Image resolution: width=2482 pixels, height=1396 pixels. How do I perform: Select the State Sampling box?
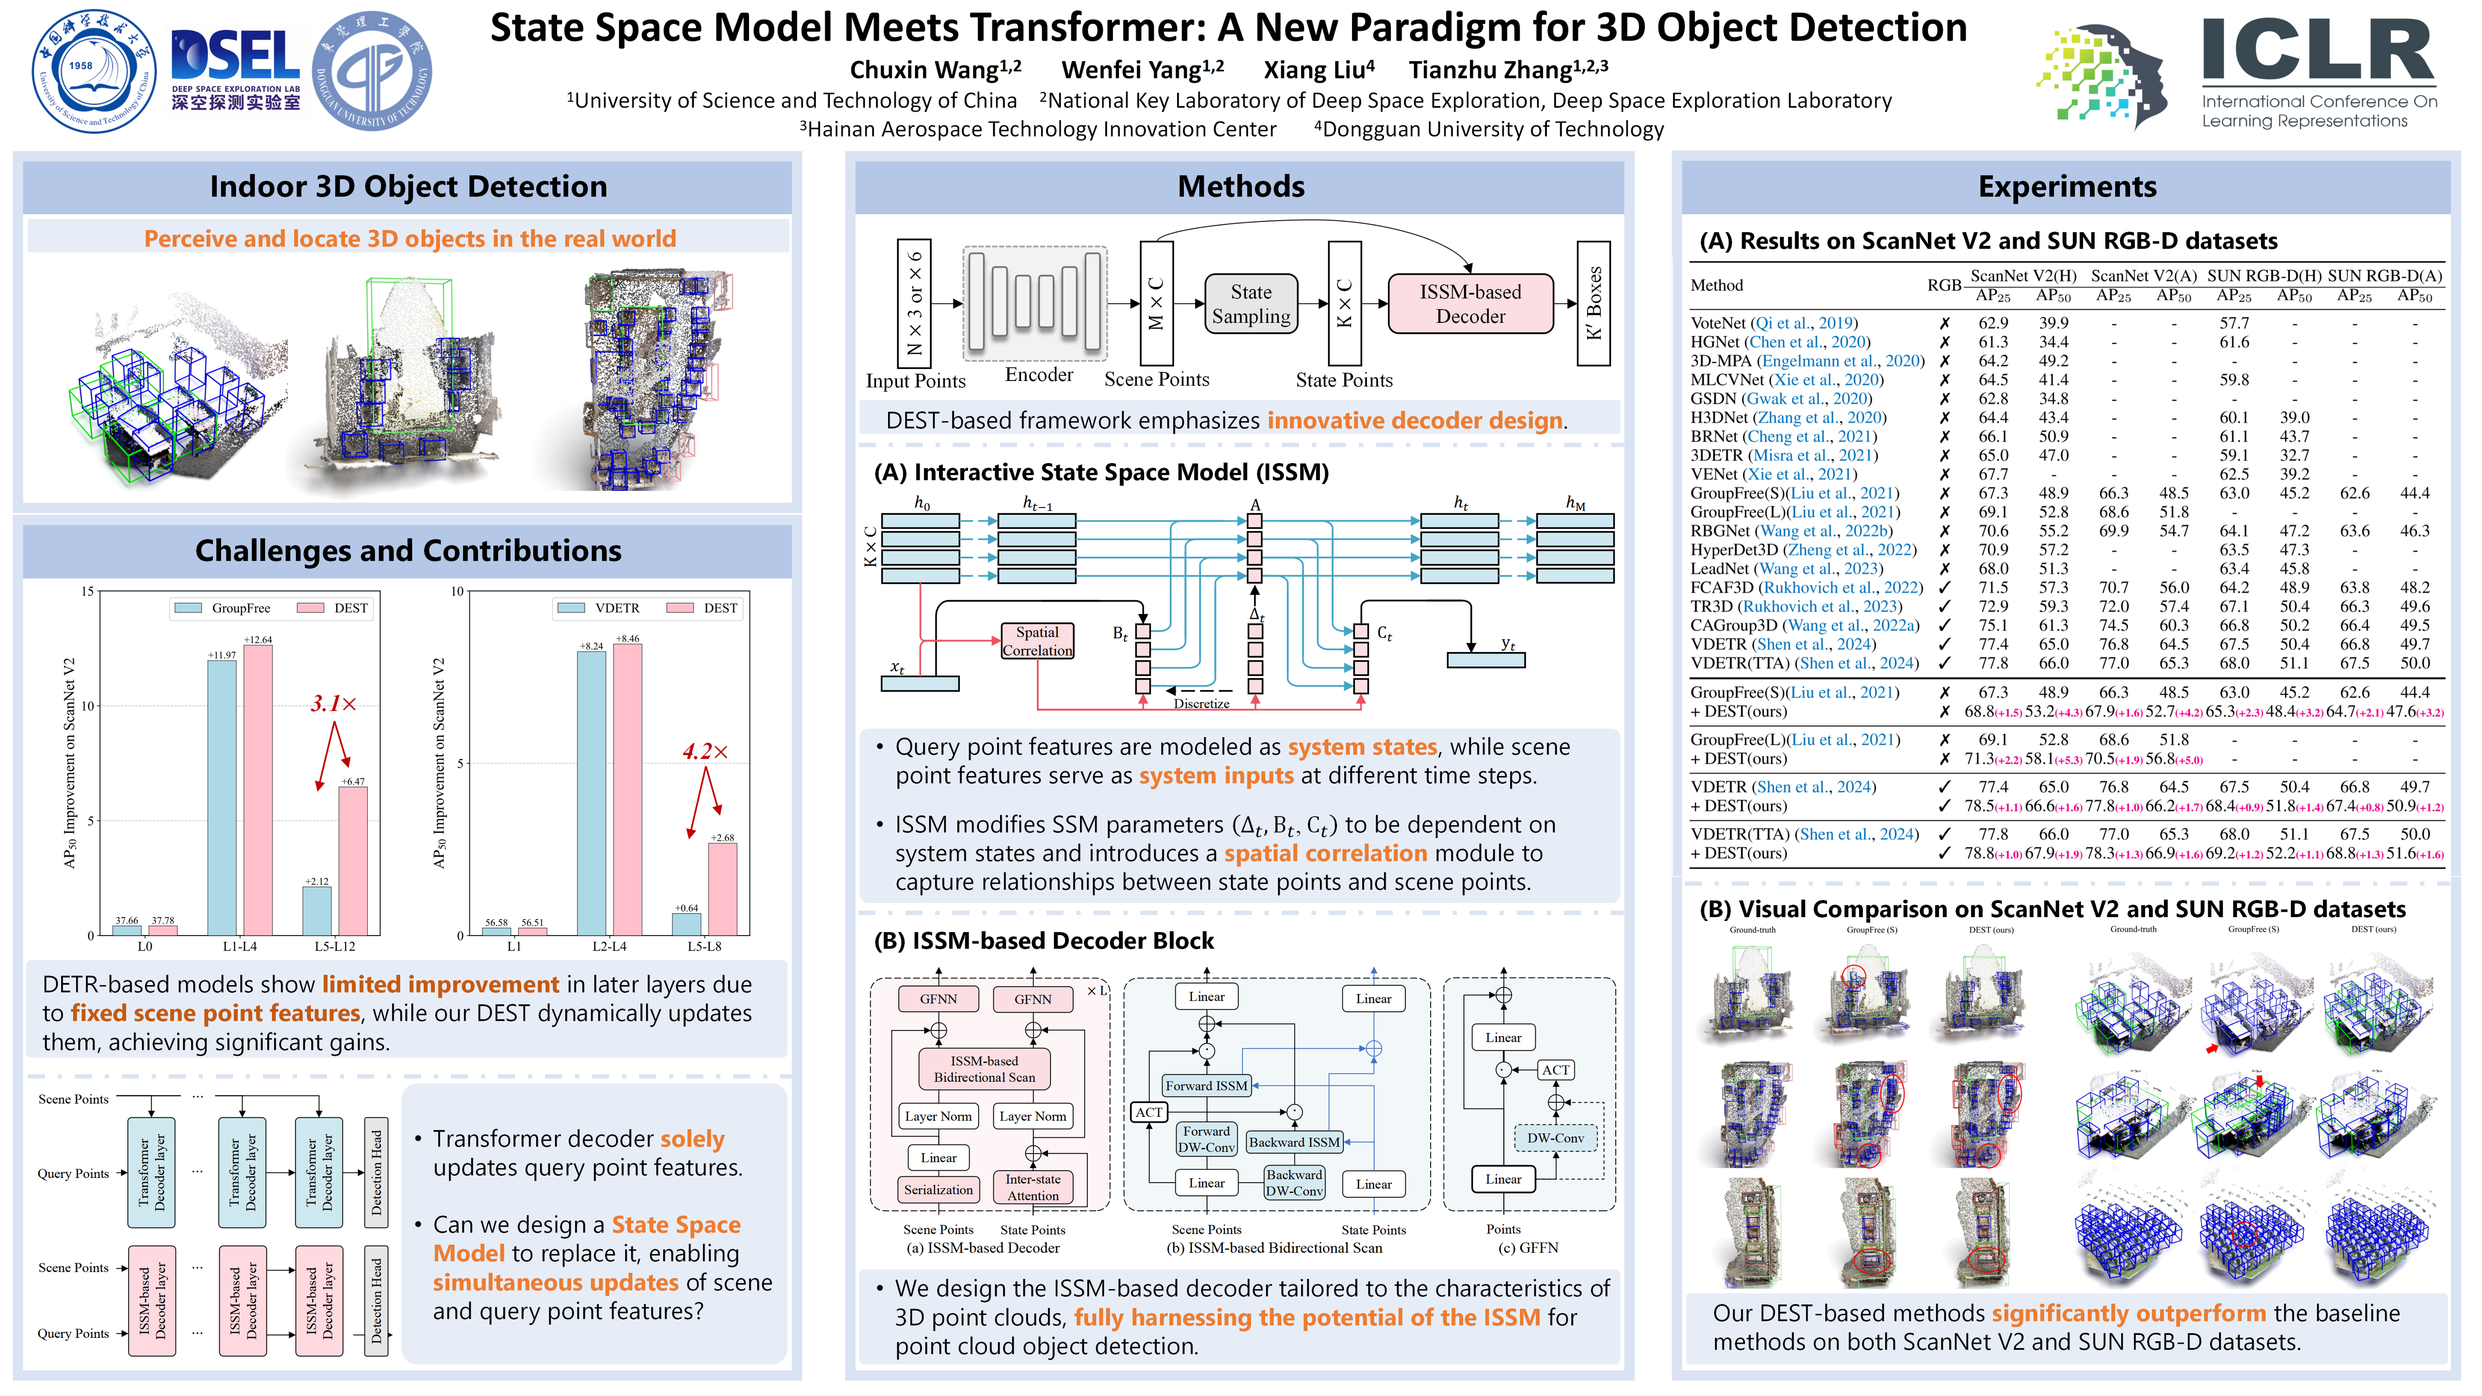point(1251,304)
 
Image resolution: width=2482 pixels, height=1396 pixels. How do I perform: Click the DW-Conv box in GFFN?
point(1555,1138)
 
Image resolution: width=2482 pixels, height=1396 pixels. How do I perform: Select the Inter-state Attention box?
point(1033,1187)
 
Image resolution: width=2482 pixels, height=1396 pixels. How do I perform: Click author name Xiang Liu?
point(1318,70)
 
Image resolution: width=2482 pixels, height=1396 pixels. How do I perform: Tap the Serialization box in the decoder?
point(939,1190)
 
